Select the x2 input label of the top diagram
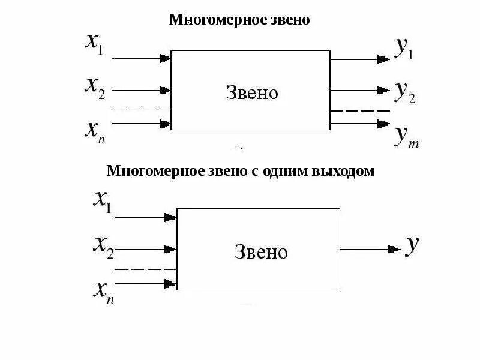pyautogui.click(x=95, y=89)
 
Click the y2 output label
pyautogui.click(x=404, y=91)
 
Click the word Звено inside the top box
pyautogui.click(x=253, y=92)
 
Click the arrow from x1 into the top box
pyautogui.click(x=140, y=58)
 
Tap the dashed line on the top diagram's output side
pyautogui.click(x=360, y=111)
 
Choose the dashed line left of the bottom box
pyautogui.click(x=144, y=269)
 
